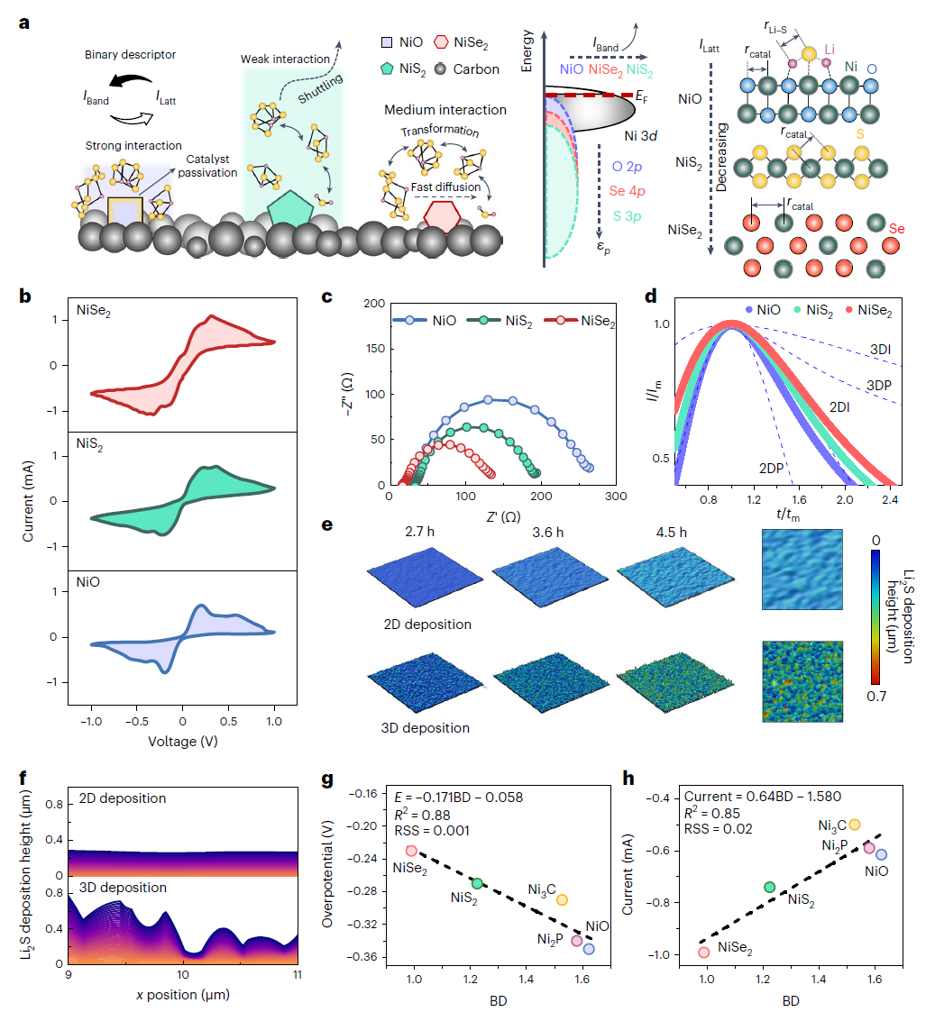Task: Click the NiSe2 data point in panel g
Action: pyautogui.click(x=411, y=850)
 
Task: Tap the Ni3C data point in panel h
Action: pyautogui.click(x=855, y=825)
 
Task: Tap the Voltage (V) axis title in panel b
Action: pyautogui.click(x=182, y=743)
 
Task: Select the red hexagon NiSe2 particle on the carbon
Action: pyautogui.click(x=441, y=217)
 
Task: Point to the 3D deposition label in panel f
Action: pyautogui.click(x=124, y=888)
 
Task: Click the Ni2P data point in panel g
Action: pyautogui.click(x=576, y=940)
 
